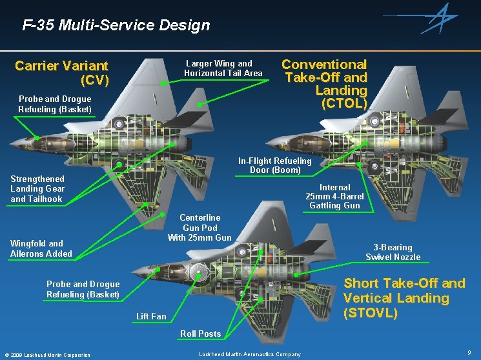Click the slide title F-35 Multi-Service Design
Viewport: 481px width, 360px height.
[x=116, y=26]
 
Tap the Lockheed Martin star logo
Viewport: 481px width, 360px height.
[x=441, y=18]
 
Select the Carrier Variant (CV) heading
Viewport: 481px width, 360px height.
[x=62, y=73]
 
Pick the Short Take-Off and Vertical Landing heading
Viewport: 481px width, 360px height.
[x=404, y=298]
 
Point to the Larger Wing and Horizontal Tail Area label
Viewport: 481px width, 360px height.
[x=223, y=68]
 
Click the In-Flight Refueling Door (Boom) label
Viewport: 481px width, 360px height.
[x=274, y=165]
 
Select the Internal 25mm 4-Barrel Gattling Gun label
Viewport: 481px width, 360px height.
[x=334, y=196]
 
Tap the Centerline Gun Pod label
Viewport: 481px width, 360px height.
[x=200, y=228]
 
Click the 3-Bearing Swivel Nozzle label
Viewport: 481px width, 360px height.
[x=393, y=252]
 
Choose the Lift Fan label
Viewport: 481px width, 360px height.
[x=151, y=316]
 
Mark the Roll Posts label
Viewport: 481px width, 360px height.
[x=200, y=334]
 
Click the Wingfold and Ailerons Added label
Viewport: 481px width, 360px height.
[x=41, y=248]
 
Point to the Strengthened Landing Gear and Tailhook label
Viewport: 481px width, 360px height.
[x=37, y=189]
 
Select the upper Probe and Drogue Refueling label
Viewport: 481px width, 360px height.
[x=55, y=104]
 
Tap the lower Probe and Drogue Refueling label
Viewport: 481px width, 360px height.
[x=83, y=289]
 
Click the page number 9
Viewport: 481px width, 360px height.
[x=469, y=352]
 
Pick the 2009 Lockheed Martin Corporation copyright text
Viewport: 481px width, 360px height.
[x=47, y=355]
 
